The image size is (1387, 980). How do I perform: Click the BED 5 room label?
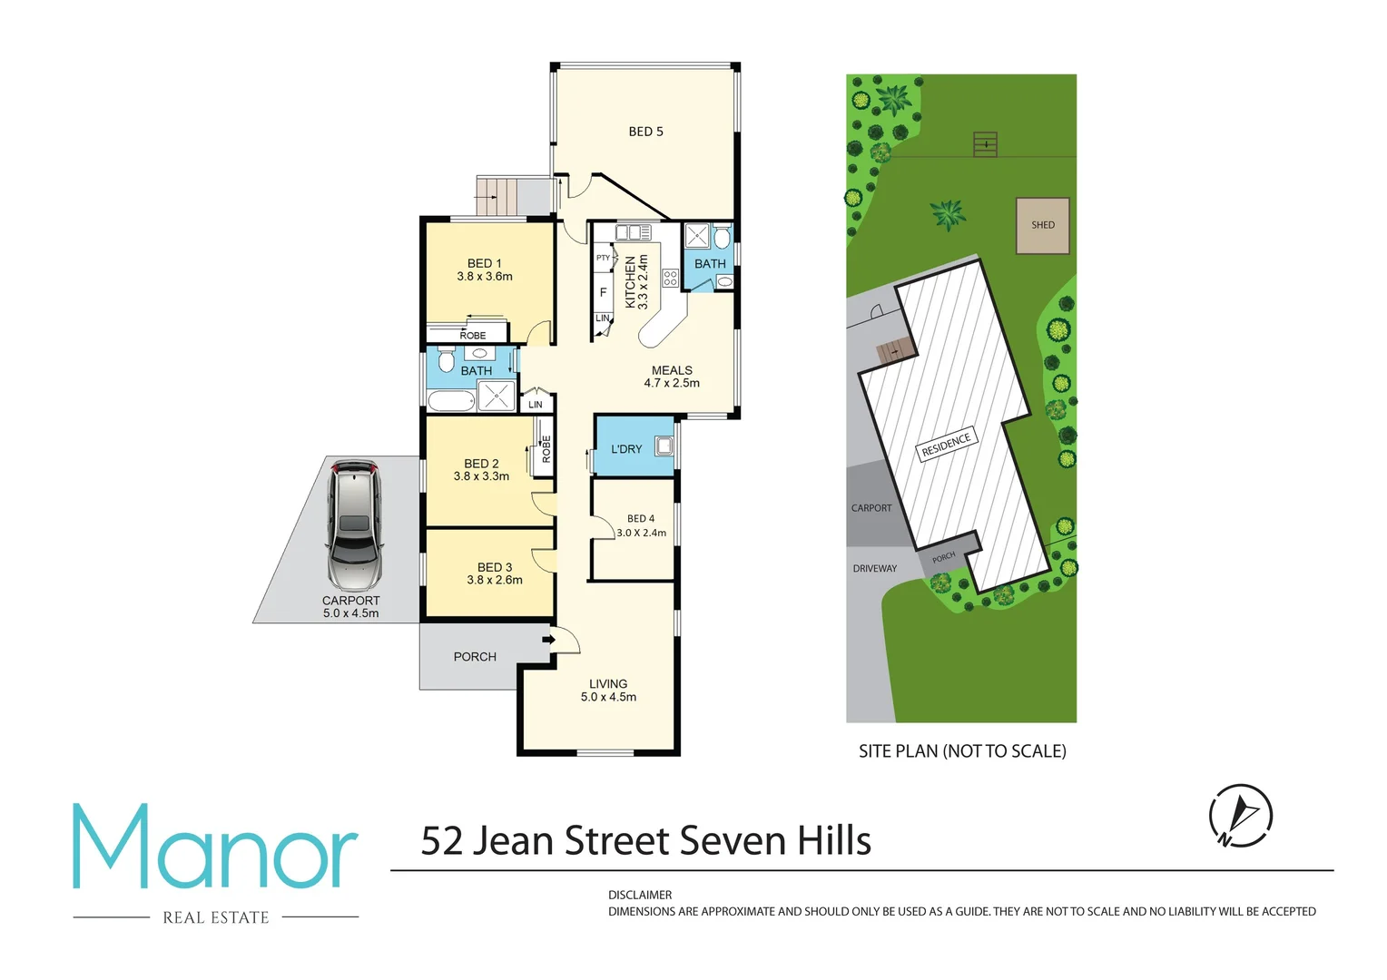(645, 132)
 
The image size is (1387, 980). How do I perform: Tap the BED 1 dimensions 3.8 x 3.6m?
(485, 277)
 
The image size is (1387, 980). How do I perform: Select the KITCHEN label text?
(630, 281)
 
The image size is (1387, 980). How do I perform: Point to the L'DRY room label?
(626, 449)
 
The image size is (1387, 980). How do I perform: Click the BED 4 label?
(641, 519)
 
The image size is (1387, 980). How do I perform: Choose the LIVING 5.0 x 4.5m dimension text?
(608, 698)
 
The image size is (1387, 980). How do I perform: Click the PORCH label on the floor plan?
(475, 657)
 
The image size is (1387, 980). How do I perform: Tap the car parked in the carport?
(354, 525)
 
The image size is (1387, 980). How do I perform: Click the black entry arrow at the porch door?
(548, 640)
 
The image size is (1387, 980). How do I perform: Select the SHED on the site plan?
(1042, 225)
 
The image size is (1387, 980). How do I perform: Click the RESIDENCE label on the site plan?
(946, 445)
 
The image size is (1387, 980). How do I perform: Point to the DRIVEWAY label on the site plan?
(874, 569)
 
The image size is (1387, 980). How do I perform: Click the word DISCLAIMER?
(640, 895)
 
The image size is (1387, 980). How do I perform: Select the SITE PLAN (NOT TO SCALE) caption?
(962, 751)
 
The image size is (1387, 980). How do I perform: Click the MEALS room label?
(672, 370)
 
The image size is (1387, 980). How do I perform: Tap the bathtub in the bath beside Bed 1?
(451, 401)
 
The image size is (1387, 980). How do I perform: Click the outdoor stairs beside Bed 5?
(497, 196)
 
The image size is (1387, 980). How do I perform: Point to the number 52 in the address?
(442, 841)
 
